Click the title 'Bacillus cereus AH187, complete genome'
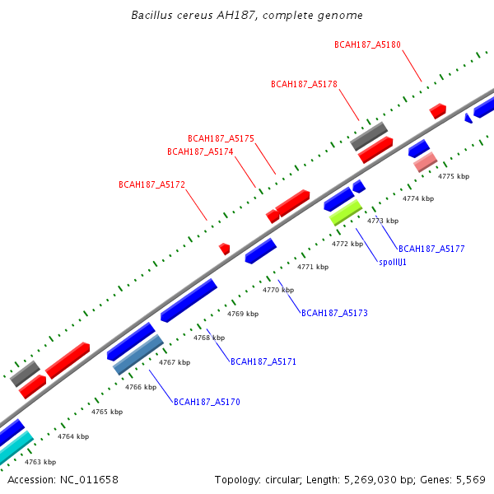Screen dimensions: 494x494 tap(247, 16)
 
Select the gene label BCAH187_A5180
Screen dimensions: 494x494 tap(368, 44)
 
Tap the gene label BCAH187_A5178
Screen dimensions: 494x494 tap(304, 84)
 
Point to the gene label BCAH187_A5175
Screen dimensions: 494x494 tap(221, 138)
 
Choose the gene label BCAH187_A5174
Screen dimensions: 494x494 tap(200, 151)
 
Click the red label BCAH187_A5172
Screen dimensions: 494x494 tap(151, 185)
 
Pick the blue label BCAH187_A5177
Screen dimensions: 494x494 tap(432, 248)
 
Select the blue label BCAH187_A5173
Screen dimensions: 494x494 tap(334, 313)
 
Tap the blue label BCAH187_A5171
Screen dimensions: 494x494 tap(263, 361)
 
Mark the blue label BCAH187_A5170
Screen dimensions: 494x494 tap(206, 402)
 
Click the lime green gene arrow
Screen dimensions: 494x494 tap(346, 212)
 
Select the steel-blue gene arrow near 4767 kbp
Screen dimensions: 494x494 tap(137, 355)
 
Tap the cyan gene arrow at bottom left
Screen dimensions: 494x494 tap(15, 447)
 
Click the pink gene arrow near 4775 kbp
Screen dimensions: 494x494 tap(425, 162)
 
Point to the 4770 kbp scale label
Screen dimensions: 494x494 tap(278, 290)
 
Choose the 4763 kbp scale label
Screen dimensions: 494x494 tap(40, 462)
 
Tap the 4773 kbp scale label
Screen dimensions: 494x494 tap(382, 221)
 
